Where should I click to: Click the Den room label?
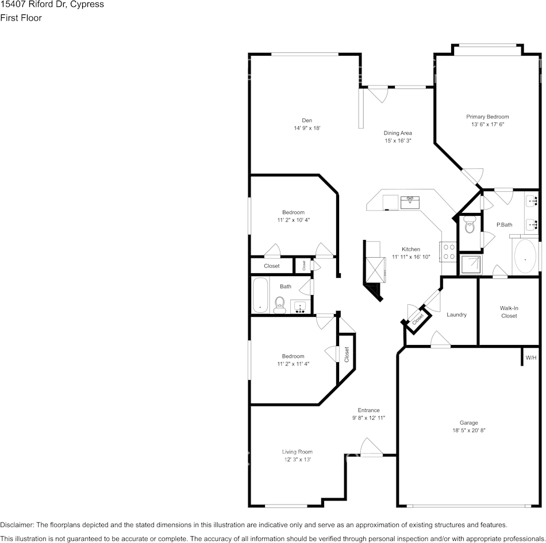pyautogui.click(x=307, y=120)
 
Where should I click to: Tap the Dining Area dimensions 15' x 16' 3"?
pyautogui.click(x=398, y=141)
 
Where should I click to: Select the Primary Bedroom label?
pyautogui.click(x=487, y=117)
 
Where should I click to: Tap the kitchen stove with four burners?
pyautogui.click(x=448, y=251)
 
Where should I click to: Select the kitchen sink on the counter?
pyautogui.click(x=410, y=201)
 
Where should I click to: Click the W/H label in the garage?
pyautogui.click(x=531, y=358)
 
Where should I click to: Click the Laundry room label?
pyautogui.click(x=456, y=315)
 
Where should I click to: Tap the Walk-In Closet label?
pyautogui.click(x=509, y=312)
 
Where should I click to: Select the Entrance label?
pyautogui.click(x=368, y=410)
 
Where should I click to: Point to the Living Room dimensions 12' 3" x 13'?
pyautogui.click(x=297, y=459)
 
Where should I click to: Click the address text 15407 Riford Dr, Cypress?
pyautogui.click(x=52, y=5)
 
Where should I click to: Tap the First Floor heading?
pyautogui.click(x=21, y=18)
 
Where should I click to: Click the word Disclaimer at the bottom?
pyautogui.click(x=17, y=525)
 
